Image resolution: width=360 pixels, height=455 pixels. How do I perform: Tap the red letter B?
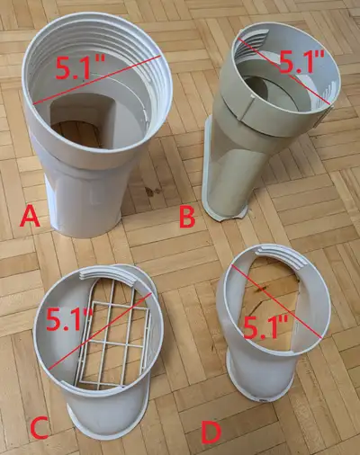click(188, 217)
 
